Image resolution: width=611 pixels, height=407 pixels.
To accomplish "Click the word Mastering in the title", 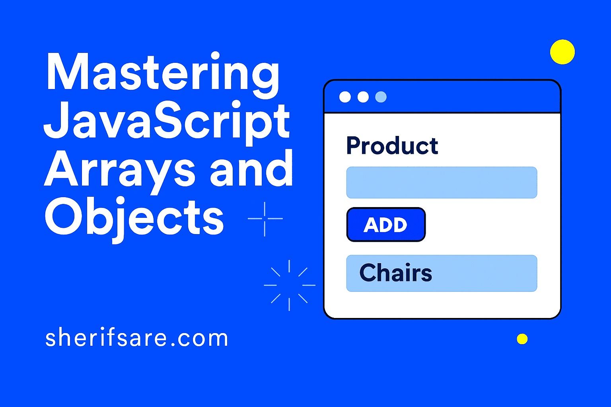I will tap(162, 74).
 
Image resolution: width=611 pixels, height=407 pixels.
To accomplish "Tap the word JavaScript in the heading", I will tap(166, 120).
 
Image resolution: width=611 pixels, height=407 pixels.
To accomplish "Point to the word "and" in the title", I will tap(251, 169).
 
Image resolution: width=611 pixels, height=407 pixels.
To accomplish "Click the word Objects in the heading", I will tap(134, 217).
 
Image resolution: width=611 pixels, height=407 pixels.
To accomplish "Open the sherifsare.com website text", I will tap(137, 338).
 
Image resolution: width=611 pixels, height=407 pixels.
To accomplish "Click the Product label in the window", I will tap(392, 146).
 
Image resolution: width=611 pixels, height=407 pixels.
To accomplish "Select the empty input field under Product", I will tap(442, 182).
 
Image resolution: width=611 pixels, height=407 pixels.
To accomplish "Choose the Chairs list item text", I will tap(395, 273).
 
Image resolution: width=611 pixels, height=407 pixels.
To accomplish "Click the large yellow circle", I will tap(562, 52).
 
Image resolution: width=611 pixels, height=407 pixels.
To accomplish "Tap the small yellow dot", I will tap(522, 339).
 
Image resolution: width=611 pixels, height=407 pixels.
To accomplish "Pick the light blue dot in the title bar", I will tap(381, 97).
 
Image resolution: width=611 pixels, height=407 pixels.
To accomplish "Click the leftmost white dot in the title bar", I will tap(345, 97).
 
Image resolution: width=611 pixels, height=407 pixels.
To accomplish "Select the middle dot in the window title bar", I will tap(363, 97).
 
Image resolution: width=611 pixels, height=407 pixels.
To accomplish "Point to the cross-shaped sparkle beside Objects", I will tap(265, 219).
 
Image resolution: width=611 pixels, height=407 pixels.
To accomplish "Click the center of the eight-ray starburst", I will tap(289, 285).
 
